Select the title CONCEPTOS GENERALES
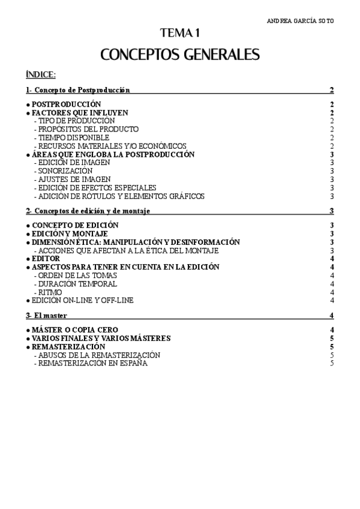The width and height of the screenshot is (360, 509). point(179,55)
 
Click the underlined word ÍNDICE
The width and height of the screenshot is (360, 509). point(41,75)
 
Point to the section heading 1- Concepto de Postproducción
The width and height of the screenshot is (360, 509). point(78,90)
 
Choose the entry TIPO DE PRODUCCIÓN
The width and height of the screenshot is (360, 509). point(75,121)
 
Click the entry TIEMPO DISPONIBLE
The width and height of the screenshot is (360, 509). point(72,137)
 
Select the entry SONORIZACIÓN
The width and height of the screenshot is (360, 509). point(64,171)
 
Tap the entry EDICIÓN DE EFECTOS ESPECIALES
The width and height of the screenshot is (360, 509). point(96,188)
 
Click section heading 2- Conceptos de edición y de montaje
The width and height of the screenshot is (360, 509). point(88,211)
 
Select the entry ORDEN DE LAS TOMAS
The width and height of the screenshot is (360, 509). point(74,276)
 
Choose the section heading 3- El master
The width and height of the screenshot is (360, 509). point(46,316)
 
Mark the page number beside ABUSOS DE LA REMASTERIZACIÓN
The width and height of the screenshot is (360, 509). point(332,355)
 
